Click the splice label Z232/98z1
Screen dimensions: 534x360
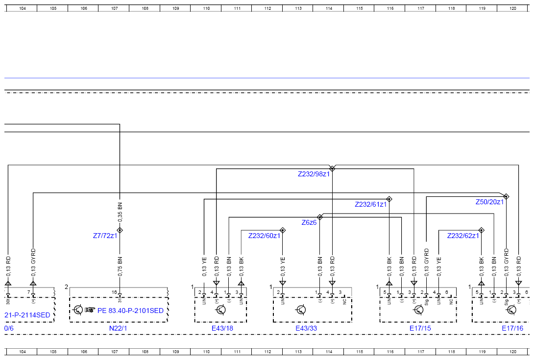pos(314,174)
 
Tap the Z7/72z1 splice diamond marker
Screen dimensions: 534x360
pos(120,230)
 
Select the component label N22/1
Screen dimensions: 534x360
pos(118,328)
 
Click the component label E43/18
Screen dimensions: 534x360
pos(222,328)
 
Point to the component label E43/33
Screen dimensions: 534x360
pos(306,328)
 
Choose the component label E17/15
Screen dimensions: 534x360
pos(420,328)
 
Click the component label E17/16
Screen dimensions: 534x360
pos(512,328)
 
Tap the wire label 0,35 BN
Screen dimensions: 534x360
pos(120,212)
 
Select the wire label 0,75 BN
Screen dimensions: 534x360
pos(120,266)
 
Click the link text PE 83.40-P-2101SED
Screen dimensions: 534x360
pos(130,311)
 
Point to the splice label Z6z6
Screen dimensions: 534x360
pos(309,222)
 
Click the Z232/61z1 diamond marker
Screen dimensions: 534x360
pos(389,199)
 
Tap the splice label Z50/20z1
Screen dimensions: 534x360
pos(489,202)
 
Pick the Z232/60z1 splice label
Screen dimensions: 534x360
pos(264,236)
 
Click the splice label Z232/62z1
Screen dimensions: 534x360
pos(463,236)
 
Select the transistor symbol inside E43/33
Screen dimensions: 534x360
pos(301,310)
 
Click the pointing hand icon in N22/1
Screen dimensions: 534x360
pos(90,310)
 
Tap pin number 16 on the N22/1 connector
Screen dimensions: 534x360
pos(114,292)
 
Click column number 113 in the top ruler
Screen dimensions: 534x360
pos(298,8)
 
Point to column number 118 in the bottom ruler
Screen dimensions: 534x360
pos(452,352)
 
